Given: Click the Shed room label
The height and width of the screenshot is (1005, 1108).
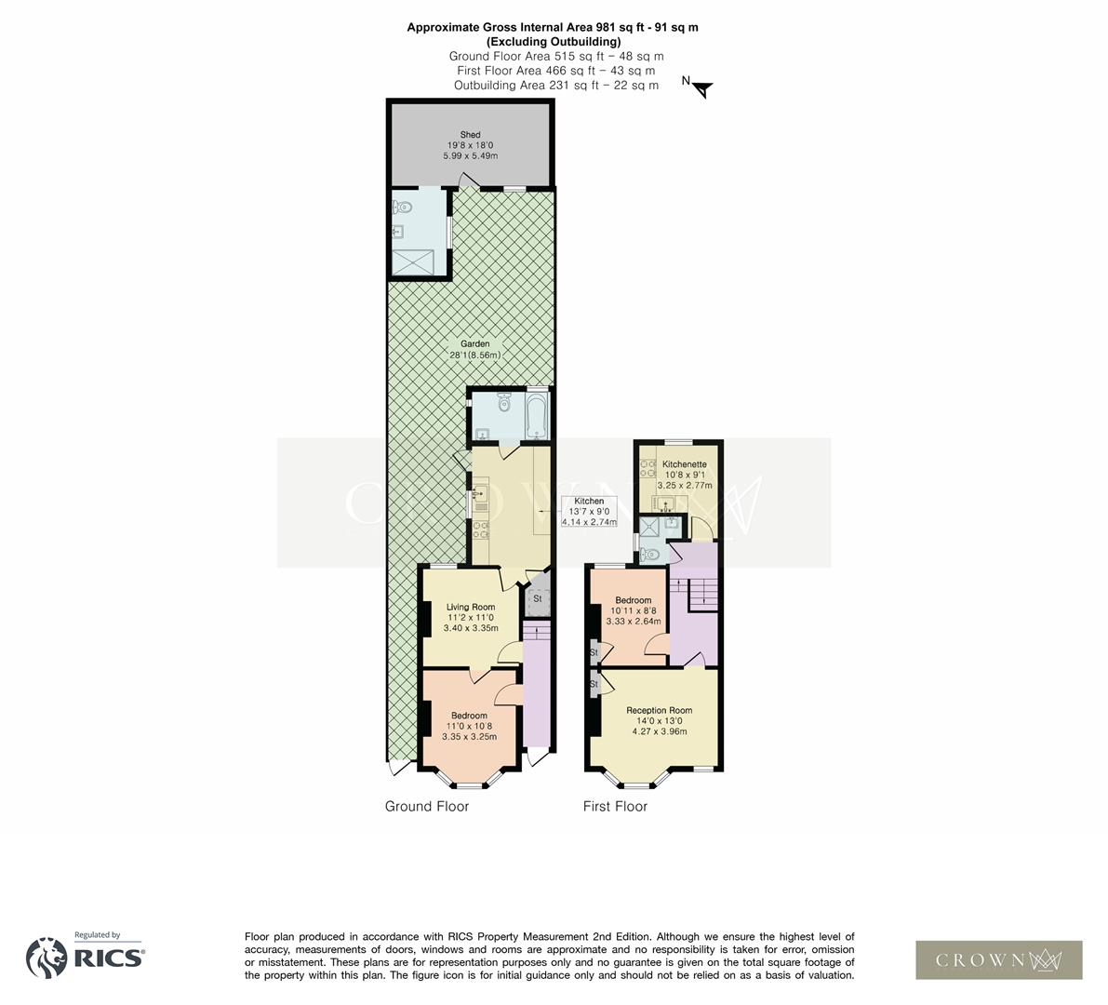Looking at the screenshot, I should click(470, 145).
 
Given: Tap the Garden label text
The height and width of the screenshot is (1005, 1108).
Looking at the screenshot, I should click(474, 349).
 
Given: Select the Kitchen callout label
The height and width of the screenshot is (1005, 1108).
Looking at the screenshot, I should click(589, 512).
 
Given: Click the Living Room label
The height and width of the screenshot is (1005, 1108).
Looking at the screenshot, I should click(470, 617).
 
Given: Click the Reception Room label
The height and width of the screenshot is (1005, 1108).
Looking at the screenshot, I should click(659, 720).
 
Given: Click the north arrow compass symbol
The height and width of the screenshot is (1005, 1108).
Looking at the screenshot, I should click(701, 87).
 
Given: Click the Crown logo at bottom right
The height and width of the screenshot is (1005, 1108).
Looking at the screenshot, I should click(998, 959).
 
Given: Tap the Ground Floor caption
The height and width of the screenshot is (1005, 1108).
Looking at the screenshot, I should click(427, 807).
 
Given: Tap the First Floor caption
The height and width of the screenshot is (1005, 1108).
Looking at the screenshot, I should click(615, 807).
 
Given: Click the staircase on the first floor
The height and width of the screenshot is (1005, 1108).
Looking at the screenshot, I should click(702, 594).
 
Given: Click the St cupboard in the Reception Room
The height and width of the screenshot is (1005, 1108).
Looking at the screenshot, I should click(593, 685).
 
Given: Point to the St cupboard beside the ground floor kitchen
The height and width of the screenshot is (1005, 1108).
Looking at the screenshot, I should click(537, 599).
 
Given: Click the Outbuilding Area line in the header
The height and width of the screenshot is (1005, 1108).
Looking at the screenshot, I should click(555, 86).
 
